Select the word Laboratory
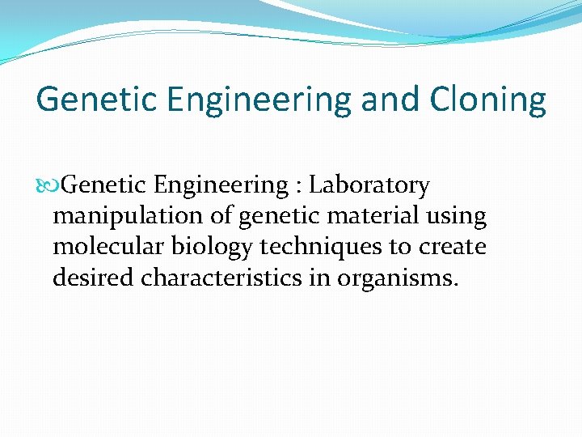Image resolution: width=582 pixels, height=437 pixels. coord(369,185)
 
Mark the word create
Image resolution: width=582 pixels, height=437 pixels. coord(452,247)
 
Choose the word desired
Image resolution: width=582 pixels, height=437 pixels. coord(94,278)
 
